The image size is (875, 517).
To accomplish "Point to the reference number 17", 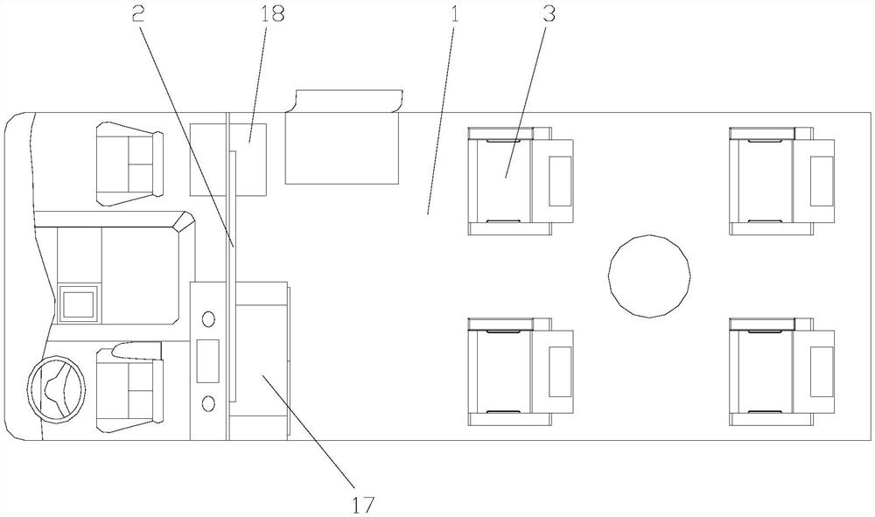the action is (x=363, y=505).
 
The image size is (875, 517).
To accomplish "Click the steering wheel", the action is (x=57, y=389).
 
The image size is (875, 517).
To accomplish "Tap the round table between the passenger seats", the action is (x=648, y=274).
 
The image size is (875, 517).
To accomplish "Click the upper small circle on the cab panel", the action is (x=208, y=318).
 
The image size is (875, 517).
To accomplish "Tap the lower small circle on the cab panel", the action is (x=208, y=402).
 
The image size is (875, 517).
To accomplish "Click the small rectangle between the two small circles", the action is (x=208, y=360).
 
